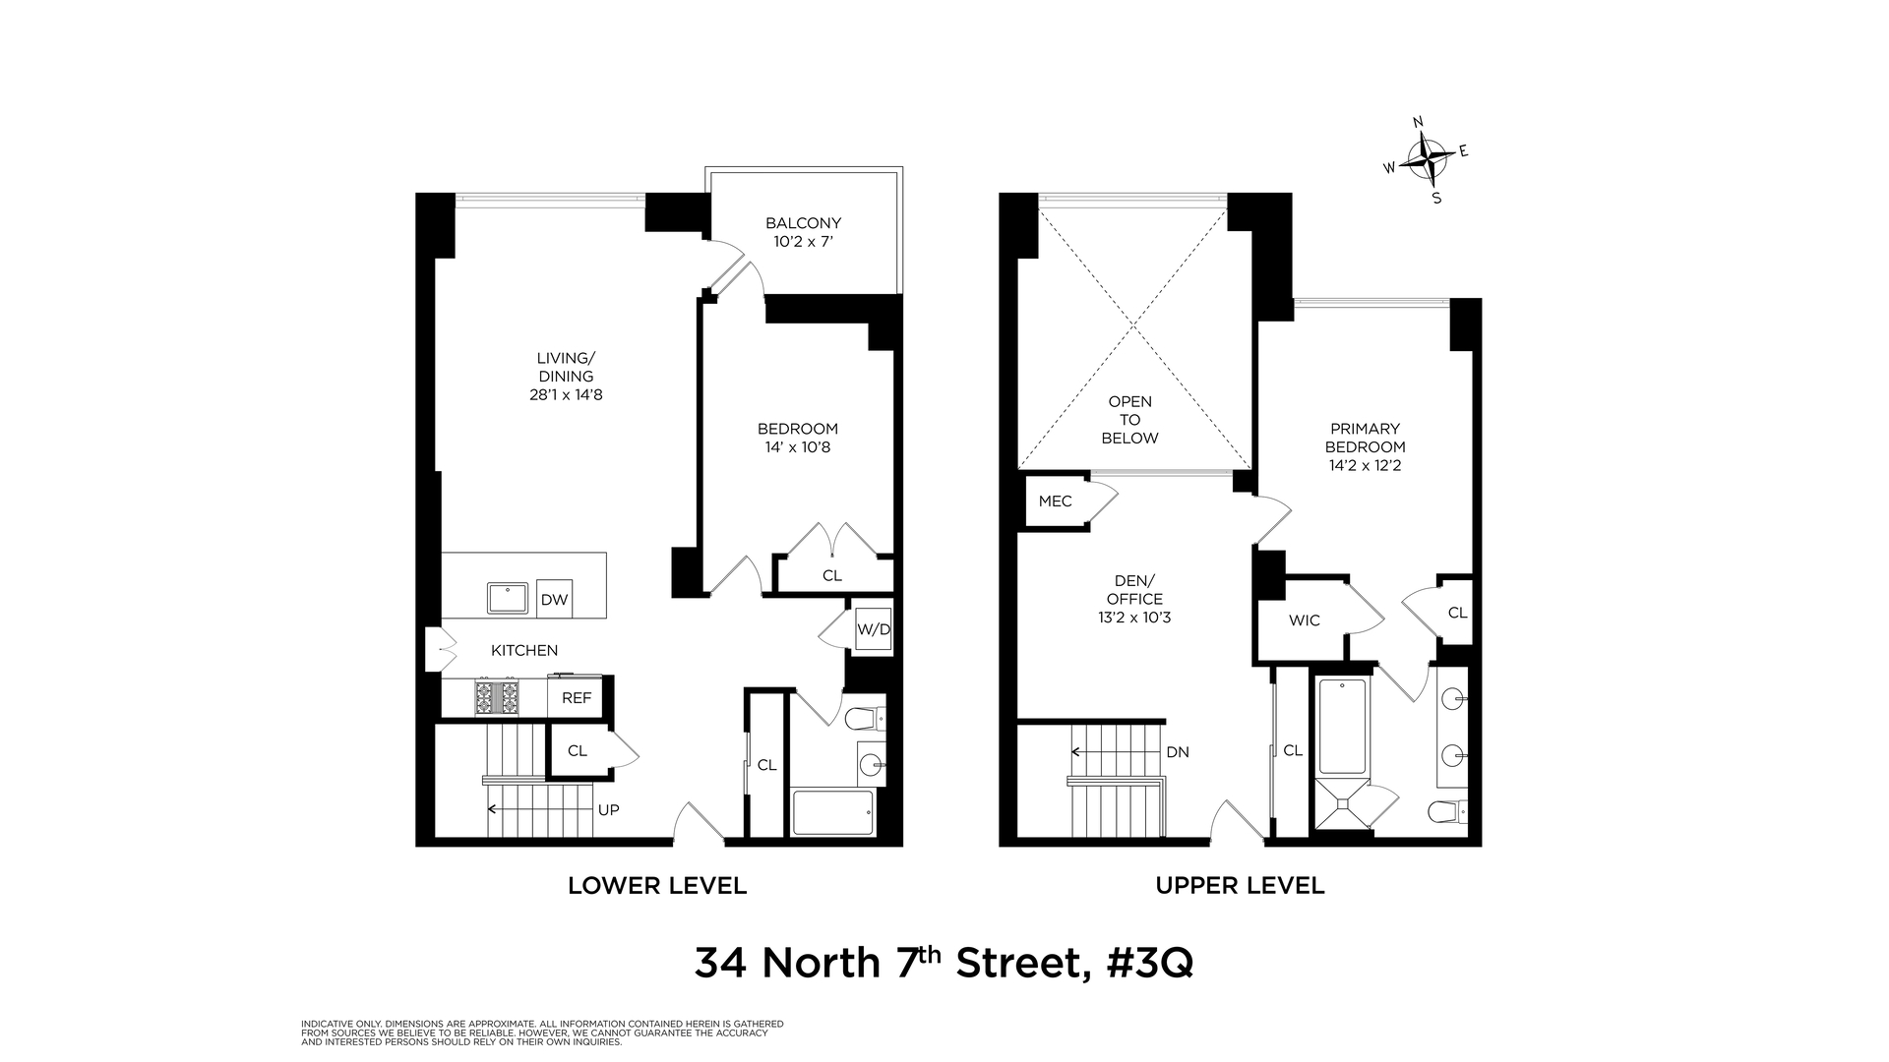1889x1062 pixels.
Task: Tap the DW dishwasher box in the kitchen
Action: [555, 600]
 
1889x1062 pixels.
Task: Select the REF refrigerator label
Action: [577, 698]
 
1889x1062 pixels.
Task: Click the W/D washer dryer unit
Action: [873, 629]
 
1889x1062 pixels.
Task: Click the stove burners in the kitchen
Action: [497, 697]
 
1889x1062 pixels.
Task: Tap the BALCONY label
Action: [803, 223]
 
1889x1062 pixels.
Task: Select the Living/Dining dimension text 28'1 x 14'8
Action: [566, 395]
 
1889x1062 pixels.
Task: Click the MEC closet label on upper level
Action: [1055, 501]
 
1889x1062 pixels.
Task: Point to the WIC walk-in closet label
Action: [1304, 620]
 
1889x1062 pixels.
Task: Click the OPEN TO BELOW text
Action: [1129, 420]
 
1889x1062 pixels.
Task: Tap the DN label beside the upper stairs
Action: [1178, 752]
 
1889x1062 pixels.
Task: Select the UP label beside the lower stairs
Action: [609, 810]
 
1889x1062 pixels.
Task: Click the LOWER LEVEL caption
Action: [657, 886]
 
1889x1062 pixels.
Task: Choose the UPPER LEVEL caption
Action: [1240, 886]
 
